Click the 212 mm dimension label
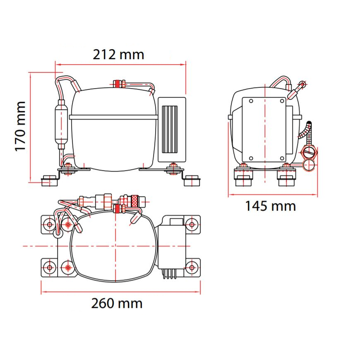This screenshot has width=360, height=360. (x=118, y=55)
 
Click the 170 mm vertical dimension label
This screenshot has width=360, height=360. (x=20, y=126)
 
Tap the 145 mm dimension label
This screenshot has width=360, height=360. (x=271, y=206)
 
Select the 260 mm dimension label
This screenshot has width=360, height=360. (x=117, y=303)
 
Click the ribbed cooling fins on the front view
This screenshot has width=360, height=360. (x=170, y=130)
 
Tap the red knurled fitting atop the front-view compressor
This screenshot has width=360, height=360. (x=118, y=84)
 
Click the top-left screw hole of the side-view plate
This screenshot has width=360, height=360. (x=251, y=101)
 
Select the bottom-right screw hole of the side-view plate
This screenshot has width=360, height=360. (x=282, y=158)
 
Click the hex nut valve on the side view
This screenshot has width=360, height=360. (x=309, y=152)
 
